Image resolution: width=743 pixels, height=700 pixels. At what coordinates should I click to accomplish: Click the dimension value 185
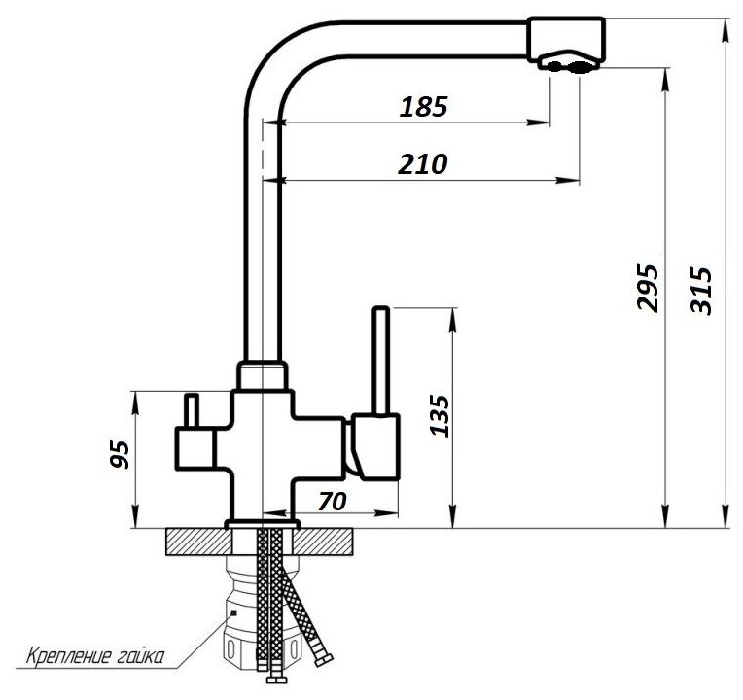423,107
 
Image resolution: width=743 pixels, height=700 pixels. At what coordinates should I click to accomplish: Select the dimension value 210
422,164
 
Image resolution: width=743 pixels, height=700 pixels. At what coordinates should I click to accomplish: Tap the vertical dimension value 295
648,288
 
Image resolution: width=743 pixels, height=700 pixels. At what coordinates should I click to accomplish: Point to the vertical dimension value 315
701,291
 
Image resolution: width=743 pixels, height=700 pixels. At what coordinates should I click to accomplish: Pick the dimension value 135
440,415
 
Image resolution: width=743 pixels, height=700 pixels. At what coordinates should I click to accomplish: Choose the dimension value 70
333,502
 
